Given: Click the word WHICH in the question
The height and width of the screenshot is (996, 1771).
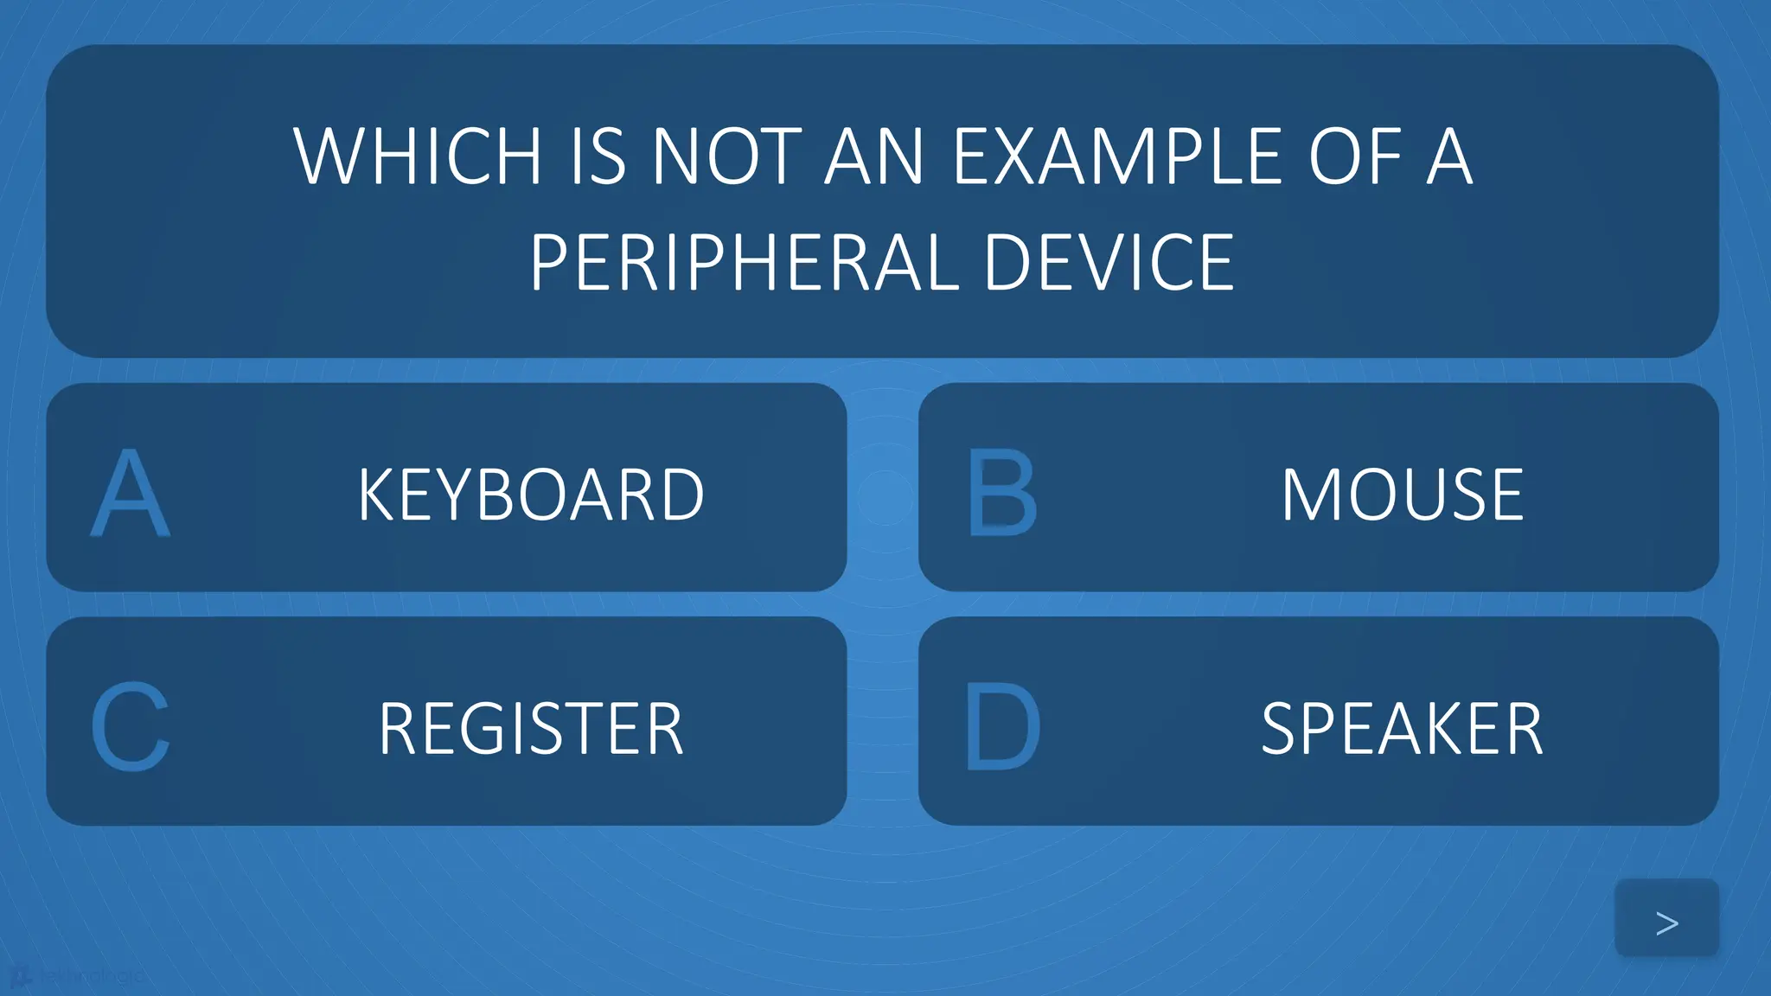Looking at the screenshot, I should [x=418, y=156].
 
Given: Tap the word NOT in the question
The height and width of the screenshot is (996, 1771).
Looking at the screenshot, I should [x=726, y=156].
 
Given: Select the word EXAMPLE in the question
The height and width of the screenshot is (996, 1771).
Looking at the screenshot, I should [x=1116, y=156].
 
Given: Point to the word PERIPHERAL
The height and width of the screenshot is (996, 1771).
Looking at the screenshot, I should [x=745, y=263].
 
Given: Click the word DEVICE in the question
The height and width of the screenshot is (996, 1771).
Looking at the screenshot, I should [x=1109, y=263].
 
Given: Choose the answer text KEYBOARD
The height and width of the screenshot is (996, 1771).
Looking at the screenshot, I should [x=531, y=495].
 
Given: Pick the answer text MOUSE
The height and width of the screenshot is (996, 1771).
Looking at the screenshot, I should [x=1402, y=495].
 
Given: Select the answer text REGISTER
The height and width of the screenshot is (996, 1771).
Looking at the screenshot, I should [x=531, y=729].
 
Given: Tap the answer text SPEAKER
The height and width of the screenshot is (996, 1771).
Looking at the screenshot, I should [x=1402, y=729].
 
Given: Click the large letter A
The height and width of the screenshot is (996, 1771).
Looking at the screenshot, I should [x=130, y=494].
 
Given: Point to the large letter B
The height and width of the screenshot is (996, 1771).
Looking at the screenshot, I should [x=1001, y=494].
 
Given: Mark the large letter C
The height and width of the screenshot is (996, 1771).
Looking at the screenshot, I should [x=130, y=727].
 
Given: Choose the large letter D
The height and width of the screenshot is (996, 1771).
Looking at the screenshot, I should [x=1001, y=727].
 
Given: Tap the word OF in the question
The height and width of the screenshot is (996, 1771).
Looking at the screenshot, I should [x=1354, y=156].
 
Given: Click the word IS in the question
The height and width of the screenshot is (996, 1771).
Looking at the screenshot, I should [x=598, y=156].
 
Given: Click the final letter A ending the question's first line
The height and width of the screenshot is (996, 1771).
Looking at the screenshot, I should [x=1449, y=156].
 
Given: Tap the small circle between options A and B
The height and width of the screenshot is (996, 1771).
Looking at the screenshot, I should [x=883, y=496].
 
